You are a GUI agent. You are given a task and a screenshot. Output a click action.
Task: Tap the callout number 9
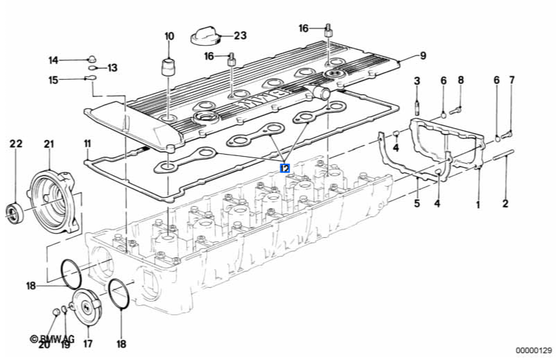click(x=422, y=55)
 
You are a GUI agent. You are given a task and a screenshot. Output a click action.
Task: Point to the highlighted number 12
click(x=285, y=168)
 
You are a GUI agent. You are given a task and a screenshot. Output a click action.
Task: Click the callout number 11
click(x=88, y=144)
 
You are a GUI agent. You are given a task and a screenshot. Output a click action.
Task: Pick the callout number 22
click(x=16, y=144)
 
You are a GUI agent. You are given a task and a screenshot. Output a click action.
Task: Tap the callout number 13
click(x=112, y=68)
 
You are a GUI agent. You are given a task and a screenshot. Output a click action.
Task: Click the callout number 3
click(x=417, y=81)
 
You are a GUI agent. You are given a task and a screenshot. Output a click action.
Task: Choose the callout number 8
click(x=460, y=80)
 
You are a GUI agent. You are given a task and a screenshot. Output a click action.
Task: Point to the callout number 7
click(x=512, y=80)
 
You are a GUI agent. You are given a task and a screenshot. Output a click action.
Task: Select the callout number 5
click(x=417, y=204)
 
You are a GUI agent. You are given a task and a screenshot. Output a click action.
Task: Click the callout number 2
click(x=505, y=204)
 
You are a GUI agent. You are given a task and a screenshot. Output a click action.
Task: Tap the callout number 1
click(x=478, y=204)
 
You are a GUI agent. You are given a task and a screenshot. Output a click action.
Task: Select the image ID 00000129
click(x=532, y=351)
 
